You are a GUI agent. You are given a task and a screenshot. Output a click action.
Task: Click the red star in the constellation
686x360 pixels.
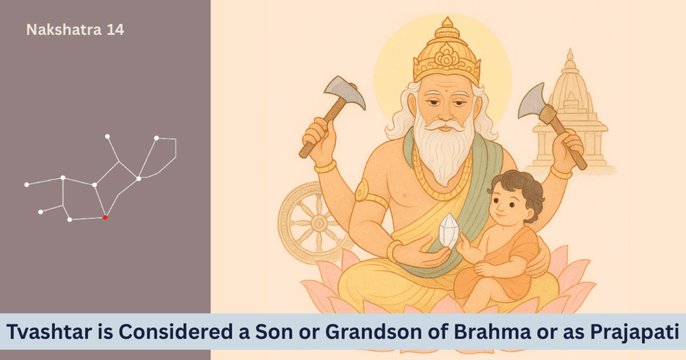pyautogui.click(x=105, y=217)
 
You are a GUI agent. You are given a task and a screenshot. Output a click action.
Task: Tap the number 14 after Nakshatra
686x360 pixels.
pyautogui.click(x=116, y=29)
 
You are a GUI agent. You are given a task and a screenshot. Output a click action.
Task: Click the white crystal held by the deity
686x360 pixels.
pyautogui.click(x=449, y=230)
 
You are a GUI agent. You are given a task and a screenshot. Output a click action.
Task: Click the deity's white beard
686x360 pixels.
pyautogui.click(x=444, y=148)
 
